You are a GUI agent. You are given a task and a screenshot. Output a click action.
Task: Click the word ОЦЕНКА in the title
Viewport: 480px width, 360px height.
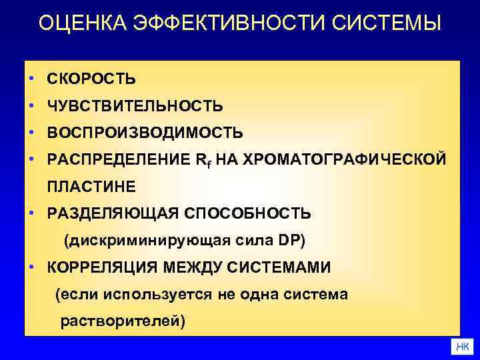[x=79, y=23]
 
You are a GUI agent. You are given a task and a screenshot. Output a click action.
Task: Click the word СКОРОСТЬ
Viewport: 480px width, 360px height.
[x=91, y=79]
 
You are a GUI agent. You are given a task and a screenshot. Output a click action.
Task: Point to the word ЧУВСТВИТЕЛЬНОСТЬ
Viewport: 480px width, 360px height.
[x=135, y=106]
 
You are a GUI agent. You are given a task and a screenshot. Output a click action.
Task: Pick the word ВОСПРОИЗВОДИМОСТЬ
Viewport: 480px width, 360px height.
[x=145, y=133]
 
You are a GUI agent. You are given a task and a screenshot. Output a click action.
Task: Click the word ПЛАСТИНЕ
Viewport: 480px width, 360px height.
[x=91, y=186]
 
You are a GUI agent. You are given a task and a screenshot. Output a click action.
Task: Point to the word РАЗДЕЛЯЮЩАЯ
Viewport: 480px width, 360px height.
[x=113, y=214]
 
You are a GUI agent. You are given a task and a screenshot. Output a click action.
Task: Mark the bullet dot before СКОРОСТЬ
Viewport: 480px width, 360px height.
[x=31, y=79]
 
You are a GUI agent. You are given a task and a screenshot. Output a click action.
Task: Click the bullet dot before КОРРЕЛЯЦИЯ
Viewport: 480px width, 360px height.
[x=31, y=267]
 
